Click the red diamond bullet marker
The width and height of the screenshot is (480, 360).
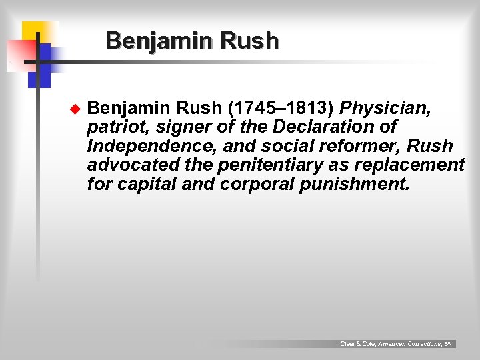click(75, 108)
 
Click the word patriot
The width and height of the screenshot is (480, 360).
click(117, 127)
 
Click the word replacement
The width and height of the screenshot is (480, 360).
click(413, 165)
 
